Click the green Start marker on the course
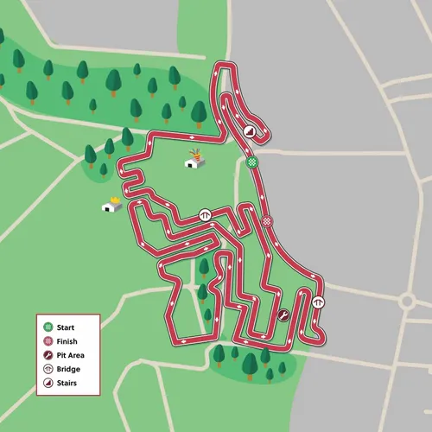(251, 161)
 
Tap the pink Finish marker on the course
(267, 221)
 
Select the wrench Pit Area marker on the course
(284, 315)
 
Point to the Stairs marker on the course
(250, 132)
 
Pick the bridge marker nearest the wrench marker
(319, 302)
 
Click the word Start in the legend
(66, 327)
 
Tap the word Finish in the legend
(67, 341)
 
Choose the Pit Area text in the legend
(71, 354)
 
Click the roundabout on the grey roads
(409, 302)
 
